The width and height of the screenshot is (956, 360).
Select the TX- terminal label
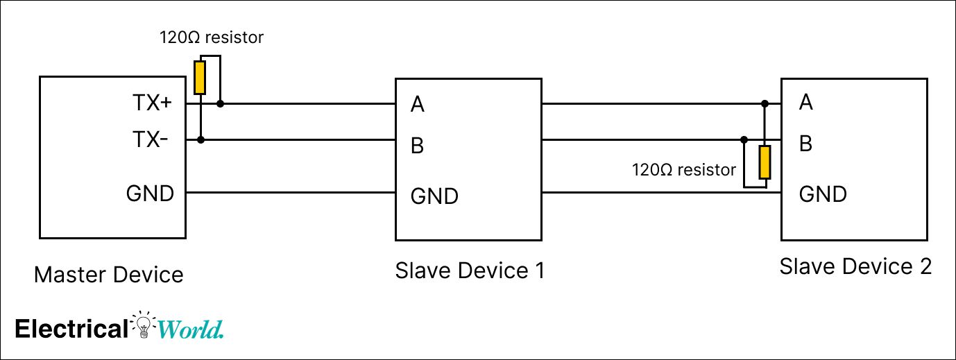(x=150, y=141)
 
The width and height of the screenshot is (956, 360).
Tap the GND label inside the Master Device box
(x=150, y=194)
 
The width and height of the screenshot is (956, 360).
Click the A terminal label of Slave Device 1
(x=418, y=105)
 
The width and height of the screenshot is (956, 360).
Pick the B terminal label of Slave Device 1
(x=418, y=146)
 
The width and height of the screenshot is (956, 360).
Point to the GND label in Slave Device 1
(x=434, y=196)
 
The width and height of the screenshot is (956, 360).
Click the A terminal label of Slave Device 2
(x=805, y=103)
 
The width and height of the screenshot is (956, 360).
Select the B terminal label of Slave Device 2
(x=805, y=144)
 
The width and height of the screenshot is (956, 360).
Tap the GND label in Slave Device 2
(x=823, y=194)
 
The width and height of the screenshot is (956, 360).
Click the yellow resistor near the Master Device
(x=200, y=78)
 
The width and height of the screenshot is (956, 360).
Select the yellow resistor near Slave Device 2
(x=765, y=162)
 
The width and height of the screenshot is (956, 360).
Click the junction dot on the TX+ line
(x=221, y=104)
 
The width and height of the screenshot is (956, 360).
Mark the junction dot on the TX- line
(x=200, y=140)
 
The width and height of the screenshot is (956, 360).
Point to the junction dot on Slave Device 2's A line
(x=765, y=104)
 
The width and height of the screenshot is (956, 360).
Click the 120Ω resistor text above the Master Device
(x=212, y=37)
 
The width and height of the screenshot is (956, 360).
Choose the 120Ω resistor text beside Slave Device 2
(x=683, y=170)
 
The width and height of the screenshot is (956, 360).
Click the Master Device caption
(x=109, y=275)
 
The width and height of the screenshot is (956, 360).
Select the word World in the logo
(x=191, y=329)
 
